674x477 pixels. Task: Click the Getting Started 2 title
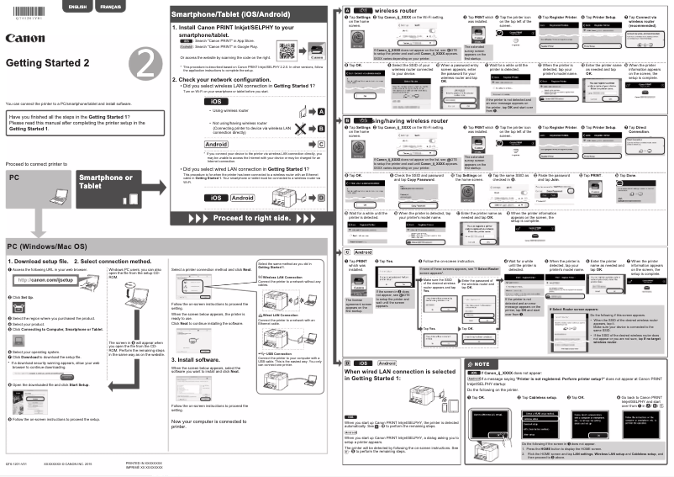[x=47, y=63]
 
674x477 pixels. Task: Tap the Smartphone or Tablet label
[x=105, y=183]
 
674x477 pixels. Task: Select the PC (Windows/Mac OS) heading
[x=47, y=246]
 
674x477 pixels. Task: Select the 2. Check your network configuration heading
[x=228, y=79]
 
